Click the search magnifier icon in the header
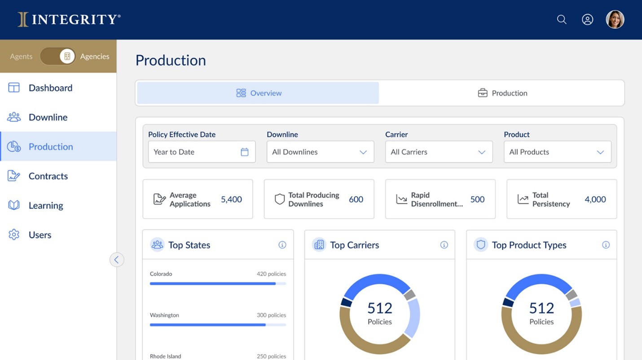[x=562, y=19]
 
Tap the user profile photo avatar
[x=615, y=20]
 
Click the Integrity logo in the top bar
[x=69, y=19]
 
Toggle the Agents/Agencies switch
[x=58, y=56]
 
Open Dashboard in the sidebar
[x=50, y=88]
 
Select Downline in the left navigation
[x=48, y=117]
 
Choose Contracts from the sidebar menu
[x=48, y=176]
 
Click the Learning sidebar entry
[x=45, y=206]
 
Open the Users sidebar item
[x=40, y=235]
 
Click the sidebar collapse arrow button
[x=117, y=259]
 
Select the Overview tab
[x=258, y=93]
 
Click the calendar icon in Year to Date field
[x=245, y=152]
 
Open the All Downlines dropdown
[x=320, y=152]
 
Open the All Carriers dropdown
[x=439, y=152]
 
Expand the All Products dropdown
[x=557, y=152]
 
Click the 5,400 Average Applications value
[x=231, y=199]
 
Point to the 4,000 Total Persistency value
[x=595, y=199]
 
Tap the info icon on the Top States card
[x=282, y=245]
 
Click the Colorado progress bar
[x=218, y=284]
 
